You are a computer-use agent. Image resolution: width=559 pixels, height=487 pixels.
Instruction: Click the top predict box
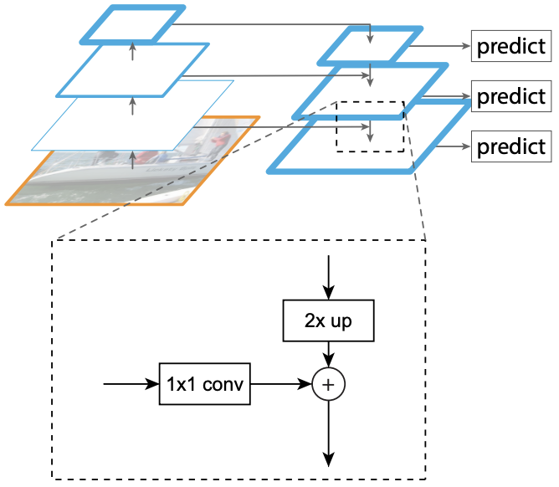[510, 46]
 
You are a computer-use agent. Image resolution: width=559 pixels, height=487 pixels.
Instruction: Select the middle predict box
[510, 96]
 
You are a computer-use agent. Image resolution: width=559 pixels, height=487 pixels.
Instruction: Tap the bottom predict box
[510, 146]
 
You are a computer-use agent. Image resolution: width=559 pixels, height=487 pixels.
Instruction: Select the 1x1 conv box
[205, 384]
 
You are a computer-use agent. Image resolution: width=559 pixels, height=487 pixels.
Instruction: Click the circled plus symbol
[329, 384]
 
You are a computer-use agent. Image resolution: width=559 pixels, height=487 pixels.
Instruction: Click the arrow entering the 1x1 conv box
[131, 384]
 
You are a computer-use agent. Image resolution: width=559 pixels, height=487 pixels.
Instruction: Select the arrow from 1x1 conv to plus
[281, 384]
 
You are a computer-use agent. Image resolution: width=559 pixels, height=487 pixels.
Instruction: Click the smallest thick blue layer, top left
[132, 24]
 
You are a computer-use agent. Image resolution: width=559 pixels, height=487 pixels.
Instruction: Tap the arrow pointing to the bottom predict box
[452, 146]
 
